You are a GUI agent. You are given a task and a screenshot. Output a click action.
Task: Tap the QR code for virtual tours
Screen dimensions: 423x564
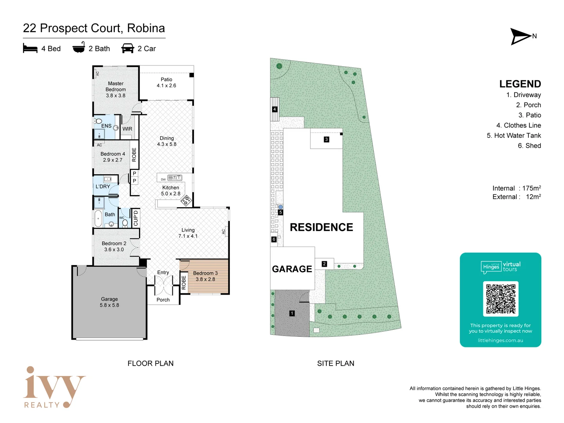(x=501, y=299)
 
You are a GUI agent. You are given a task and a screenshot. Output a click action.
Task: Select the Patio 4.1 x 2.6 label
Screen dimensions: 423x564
(x=166, y=83)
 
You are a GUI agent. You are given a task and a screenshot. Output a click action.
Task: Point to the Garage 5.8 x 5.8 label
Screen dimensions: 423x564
(x=109, y=302)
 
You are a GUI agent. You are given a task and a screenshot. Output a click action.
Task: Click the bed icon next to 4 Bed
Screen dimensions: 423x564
(x=30, y=49)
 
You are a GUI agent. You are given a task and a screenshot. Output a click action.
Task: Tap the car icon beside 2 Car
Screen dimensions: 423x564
(x=128, y=49)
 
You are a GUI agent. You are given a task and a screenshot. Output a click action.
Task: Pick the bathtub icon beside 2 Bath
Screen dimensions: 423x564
(x=79, y=48)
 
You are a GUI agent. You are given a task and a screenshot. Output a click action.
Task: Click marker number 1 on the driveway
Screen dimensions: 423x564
(x=292, y=313)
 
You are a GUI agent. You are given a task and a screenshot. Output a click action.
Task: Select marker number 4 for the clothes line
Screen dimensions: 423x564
(x=275, y=109)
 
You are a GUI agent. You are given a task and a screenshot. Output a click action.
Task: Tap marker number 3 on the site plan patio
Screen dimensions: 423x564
(x=326, y=139)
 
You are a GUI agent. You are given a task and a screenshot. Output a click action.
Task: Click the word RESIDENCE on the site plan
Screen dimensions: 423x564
(x=321, y=228)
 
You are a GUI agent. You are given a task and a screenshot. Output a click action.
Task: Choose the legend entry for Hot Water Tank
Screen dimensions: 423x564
(x=513, y=136)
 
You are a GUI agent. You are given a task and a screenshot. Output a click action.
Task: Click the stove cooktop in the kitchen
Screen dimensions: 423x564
(x=186, y=201)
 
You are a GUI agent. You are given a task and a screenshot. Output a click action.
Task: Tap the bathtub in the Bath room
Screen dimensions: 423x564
(x=98, y=219)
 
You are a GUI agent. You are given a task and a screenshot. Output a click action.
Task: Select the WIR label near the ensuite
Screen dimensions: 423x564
(x=127, y=129)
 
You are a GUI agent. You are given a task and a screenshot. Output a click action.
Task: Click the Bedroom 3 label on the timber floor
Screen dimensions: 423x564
(x=205, y=276)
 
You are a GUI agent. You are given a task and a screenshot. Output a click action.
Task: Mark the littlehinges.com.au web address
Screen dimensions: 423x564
(x=500, y=340)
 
